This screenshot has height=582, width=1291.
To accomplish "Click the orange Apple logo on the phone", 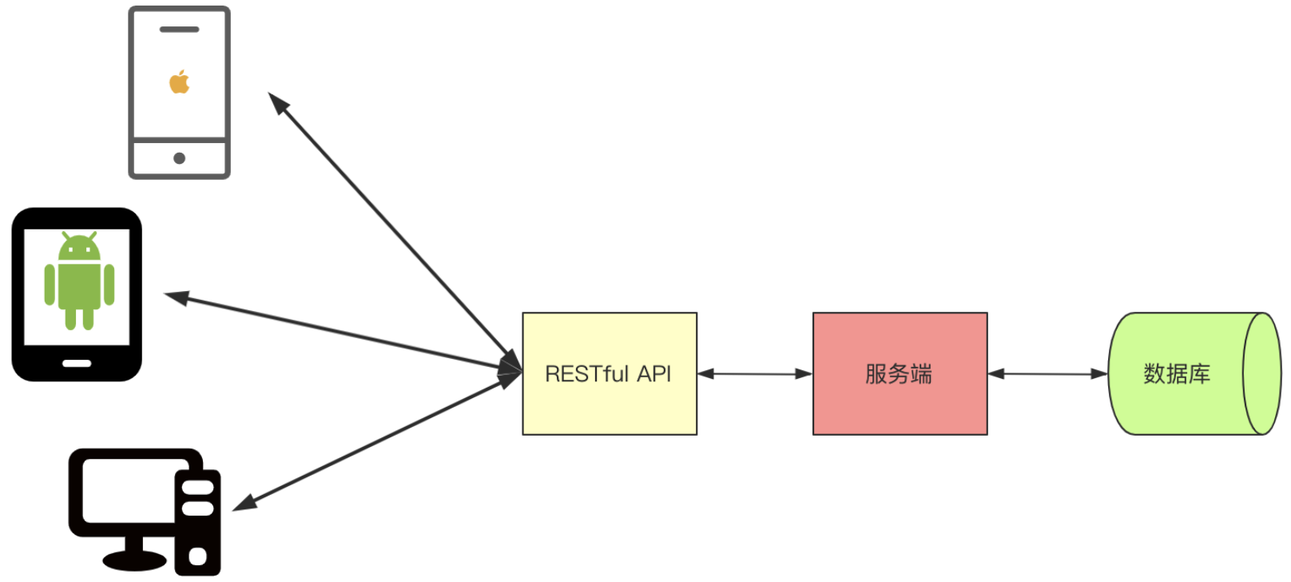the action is pos(179,82).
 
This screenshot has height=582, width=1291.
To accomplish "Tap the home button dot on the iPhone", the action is pos(179,158).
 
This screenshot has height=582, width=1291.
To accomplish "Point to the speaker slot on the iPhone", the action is pos(179,30).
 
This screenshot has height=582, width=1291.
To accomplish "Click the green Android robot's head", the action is pos(80,246).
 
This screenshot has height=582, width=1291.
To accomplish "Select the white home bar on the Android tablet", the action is pos(77,364).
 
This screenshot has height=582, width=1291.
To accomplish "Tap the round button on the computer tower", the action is pos(197,556).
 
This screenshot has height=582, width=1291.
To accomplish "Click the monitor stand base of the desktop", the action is pos(134,560).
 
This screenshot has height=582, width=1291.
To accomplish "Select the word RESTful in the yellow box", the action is pos(586,374).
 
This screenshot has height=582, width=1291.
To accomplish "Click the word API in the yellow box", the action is pos(654,374).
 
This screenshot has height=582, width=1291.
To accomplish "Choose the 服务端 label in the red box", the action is pos(899,374).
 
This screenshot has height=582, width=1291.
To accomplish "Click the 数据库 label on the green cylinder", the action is pos(1177,374).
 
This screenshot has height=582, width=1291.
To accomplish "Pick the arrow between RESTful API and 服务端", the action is pos(755,374).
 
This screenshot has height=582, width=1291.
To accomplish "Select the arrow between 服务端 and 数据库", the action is pos(1048,374).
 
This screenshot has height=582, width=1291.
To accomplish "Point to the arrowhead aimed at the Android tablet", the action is pos(177,297).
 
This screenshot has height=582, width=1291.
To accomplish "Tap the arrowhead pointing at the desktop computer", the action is pos(245,504).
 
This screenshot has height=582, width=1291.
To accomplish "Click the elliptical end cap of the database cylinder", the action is pos(1262,374).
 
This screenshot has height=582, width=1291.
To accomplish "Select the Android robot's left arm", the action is pos(50,285).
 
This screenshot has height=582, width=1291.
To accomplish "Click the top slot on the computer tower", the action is pos(197,488).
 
